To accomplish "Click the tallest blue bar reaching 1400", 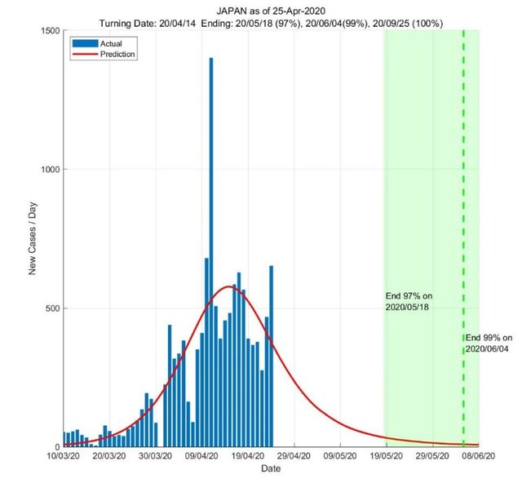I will [211, 245].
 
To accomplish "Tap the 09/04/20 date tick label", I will [201, 458].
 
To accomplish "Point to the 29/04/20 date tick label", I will [293, 458].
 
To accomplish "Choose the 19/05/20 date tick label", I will [386, 458].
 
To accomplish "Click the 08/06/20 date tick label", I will [478, 458].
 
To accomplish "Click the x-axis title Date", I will [271, 470].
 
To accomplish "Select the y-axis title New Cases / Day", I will [33, 238].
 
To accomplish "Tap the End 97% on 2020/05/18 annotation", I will [408, 300].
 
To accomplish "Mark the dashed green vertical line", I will [463, 204].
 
